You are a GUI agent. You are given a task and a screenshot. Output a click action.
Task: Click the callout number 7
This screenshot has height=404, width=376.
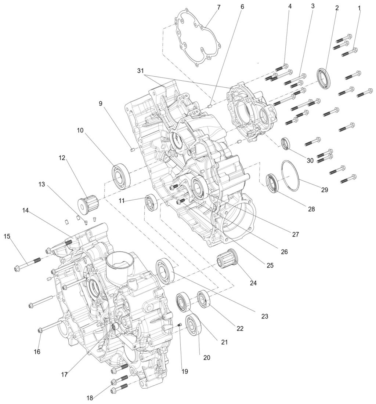click(x=218, y=7)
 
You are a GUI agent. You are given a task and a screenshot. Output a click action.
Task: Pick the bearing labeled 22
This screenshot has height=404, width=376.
click(x=203, y=299)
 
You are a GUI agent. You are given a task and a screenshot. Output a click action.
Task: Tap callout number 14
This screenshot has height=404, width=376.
click(x=25, y=211)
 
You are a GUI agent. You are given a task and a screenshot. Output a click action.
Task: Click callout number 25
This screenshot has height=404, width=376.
click(x=270, y=265)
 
